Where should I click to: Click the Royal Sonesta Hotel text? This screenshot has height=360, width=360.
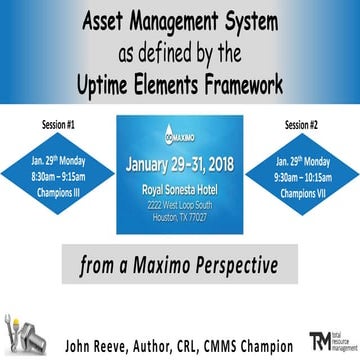coord(181,189)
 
